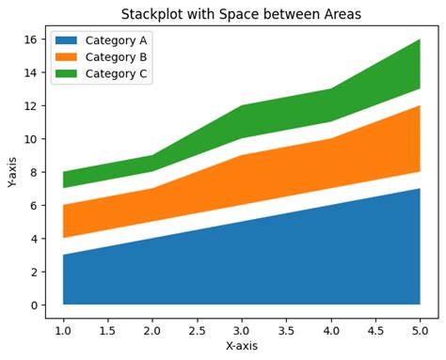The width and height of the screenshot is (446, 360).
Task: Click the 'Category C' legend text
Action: click(116, 73)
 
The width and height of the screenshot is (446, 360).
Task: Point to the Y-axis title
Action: click(13, 171)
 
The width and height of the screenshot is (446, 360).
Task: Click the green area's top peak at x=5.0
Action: click(420, 39)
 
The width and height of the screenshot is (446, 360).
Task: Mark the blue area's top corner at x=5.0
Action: click(420, 189)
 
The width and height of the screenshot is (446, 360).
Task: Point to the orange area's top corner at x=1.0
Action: click(63, 205)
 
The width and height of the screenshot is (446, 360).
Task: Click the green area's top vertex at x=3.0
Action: click(242, 105)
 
